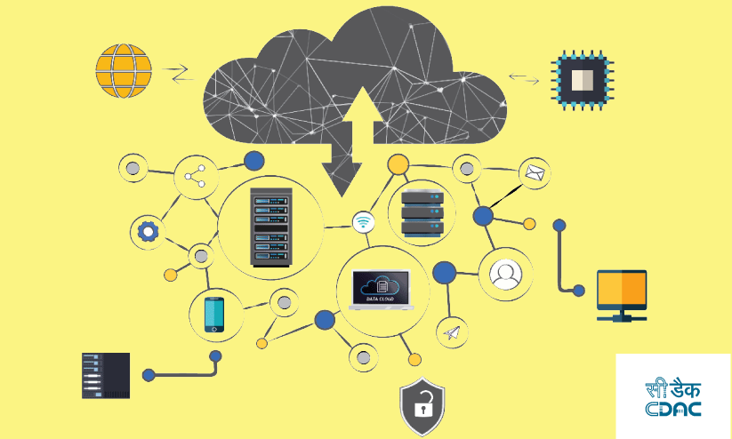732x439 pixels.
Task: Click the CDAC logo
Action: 673,397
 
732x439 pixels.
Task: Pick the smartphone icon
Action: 215,315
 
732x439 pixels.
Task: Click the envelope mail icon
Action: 535,172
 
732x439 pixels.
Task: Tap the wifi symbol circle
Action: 363,222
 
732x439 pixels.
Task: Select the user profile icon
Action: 505,273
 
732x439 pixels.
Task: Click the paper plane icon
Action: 452,332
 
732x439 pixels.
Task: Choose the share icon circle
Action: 195,176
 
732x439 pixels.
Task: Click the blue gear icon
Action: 148,233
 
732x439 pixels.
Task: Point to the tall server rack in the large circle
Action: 270,227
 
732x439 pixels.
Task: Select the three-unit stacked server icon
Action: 422,213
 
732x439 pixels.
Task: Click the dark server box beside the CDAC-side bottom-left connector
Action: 106,375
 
